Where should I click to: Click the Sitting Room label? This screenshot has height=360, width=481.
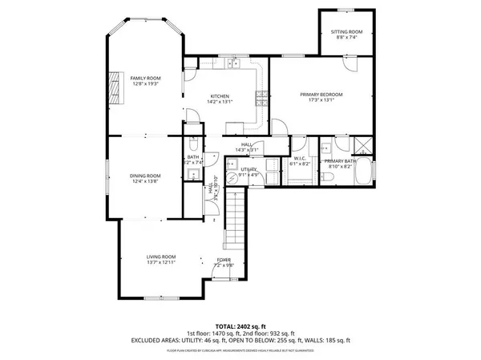346,31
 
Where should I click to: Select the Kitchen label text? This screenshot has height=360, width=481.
220,95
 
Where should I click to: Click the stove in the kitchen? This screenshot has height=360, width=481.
261,99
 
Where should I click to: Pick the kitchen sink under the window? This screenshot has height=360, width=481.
232,63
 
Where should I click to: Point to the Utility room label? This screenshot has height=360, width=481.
249,170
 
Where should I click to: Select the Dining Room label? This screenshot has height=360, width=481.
146,176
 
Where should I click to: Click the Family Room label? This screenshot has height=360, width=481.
146,77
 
